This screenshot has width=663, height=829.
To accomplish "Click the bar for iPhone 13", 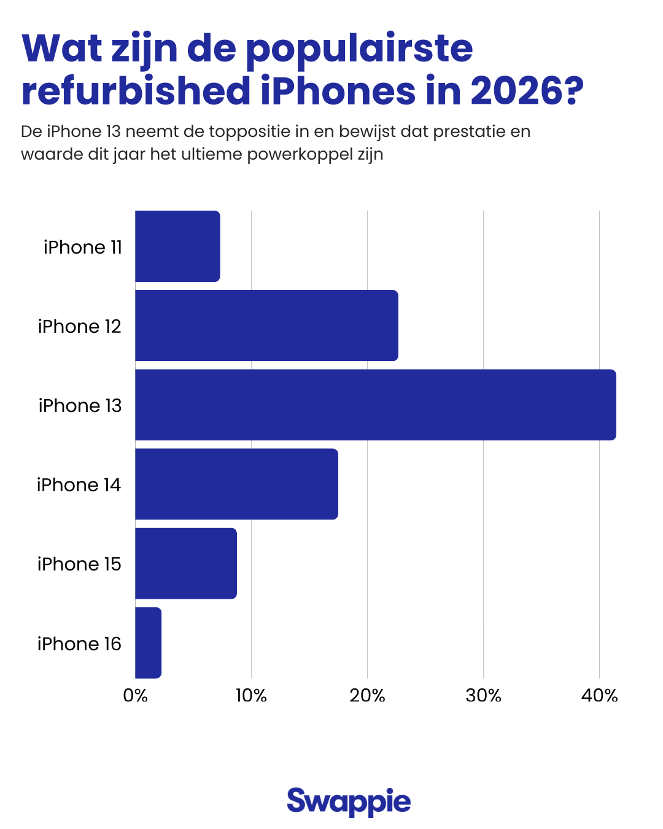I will [375, 405].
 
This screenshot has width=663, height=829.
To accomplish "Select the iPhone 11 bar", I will [177, 246].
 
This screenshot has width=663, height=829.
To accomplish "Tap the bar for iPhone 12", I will [266, 325].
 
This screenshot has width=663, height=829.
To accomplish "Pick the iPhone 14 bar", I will [236, 484].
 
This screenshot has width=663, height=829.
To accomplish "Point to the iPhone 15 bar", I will [186, 563].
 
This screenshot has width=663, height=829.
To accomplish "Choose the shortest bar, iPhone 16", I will [148, 643].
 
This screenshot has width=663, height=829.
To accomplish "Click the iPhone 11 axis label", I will [83, 247].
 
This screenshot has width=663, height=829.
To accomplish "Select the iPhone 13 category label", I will [80, 405].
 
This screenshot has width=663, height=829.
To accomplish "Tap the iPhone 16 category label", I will [79, 644].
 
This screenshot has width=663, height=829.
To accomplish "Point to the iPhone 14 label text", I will [79, 485].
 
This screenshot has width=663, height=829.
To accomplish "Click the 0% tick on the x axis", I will [135, 695].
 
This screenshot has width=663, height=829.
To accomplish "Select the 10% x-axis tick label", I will [251, 695].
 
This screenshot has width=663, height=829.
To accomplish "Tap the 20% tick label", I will [367, 695].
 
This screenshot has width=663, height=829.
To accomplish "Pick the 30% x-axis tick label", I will [483, 695].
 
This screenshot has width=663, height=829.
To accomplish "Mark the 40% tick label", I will [599, 695].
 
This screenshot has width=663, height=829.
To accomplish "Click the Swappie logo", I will [349, 801].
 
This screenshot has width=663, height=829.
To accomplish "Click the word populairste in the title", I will [359, 49].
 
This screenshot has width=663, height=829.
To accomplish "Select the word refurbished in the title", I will [136, 91].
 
